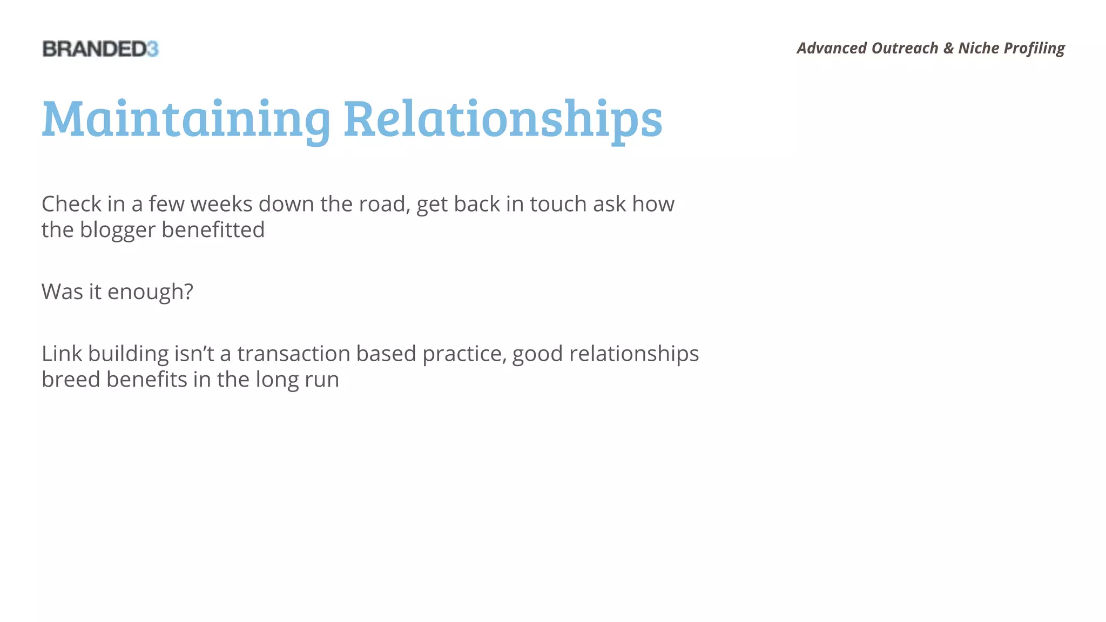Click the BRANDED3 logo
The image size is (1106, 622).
100,49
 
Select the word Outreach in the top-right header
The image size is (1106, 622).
905,49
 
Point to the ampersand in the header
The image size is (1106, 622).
948,49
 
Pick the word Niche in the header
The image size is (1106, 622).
979,49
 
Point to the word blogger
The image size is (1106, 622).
118,231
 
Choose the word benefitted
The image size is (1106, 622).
213,231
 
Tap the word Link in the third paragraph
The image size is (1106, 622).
62,354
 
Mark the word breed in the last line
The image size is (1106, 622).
71,380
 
